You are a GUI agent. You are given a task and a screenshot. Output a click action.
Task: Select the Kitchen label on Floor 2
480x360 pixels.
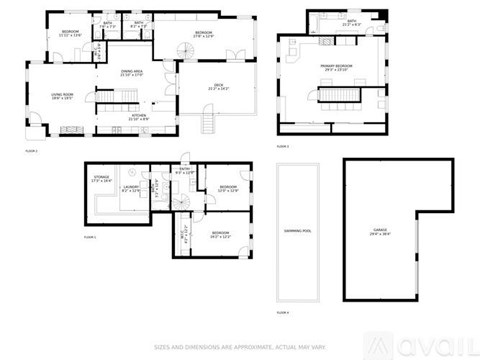tap(140, 118)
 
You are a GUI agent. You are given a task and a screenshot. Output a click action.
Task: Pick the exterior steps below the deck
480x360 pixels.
tap(209, 123)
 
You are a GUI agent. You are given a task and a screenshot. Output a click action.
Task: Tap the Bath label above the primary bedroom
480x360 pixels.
tap(352, 23)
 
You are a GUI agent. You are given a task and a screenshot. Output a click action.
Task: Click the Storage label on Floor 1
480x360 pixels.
tap(102, 181)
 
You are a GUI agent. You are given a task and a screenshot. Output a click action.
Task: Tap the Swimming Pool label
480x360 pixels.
tap(297, 229)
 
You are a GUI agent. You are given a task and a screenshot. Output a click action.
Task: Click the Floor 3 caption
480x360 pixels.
tap(283, 145)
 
